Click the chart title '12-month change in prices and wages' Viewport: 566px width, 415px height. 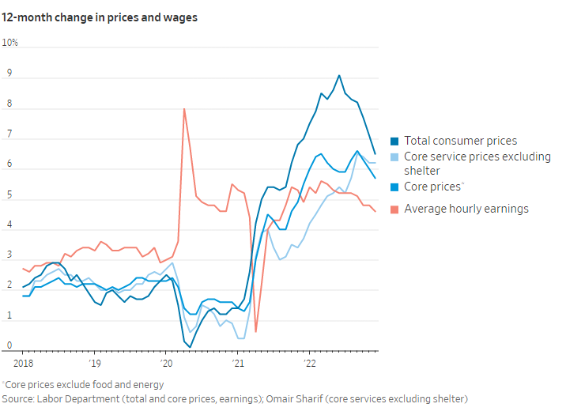[100, 17]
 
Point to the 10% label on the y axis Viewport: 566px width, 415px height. [10, 43]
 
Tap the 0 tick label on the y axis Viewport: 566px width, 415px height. [9, 345]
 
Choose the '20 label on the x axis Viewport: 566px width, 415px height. [166, 364]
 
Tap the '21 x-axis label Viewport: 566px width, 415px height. [238, 364]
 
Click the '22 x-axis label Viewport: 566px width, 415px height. [310, 364]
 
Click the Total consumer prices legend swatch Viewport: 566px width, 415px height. [394, 141]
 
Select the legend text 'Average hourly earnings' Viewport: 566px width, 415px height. [466, 209]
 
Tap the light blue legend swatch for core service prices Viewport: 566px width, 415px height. [394, 157]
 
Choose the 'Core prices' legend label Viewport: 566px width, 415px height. [432, 187]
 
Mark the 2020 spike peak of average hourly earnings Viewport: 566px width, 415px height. [184, 109]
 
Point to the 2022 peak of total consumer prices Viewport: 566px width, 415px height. [339, 76]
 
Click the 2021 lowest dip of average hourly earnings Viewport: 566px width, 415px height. [256, 331]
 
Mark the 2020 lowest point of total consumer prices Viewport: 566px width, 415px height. [190, 347]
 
